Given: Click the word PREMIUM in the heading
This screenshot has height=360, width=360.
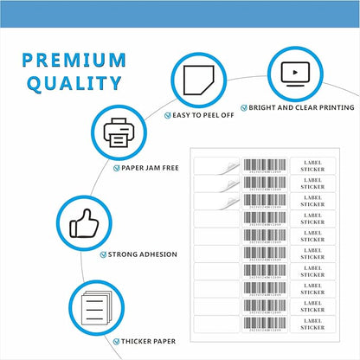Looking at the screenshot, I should click(74, 60).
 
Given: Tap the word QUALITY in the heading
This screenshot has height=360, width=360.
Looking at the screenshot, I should click(74, 84).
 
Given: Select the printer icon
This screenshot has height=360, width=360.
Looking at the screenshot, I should click(118, 133).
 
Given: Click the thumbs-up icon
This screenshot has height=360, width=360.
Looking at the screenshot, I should click(84, 225).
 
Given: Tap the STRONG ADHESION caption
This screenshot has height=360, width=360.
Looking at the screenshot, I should click(143, 254).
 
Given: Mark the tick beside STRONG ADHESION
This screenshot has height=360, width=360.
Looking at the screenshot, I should click(103, 254).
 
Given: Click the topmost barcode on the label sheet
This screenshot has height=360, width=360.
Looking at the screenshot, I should click(264, 165).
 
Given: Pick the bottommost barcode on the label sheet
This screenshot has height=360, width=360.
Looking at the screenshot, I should click(264, 323).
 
